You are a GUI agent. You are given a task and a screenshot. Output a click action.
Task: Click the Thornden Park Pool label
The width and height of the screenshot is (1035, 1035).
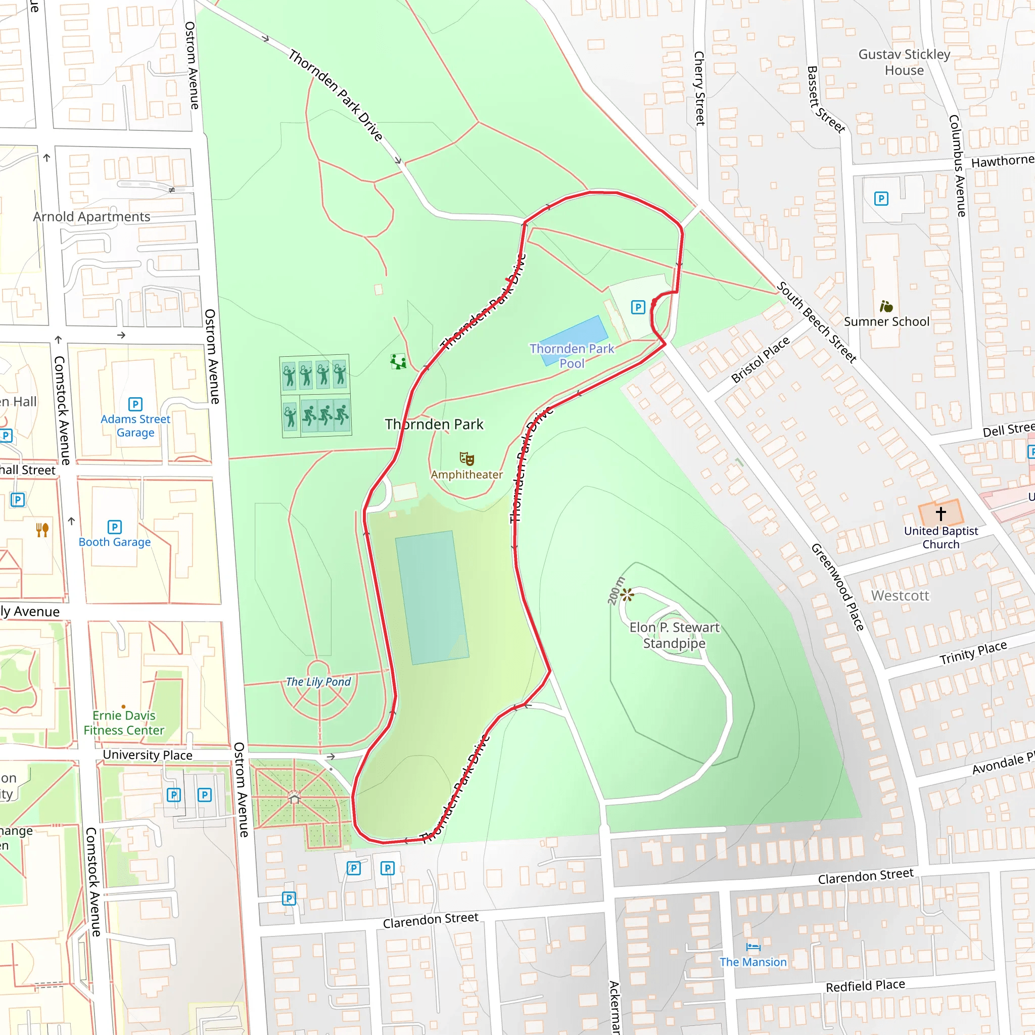click(x=572, y=356)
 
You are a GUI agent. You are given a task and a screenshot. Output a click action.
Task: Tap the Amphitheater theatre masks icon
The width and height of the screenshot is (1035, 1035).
click(x=466, y=458)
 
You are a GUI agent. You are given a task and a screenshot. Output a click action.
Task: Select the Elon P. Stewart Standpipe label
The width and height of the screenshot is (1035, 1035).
click(x=674, y=635)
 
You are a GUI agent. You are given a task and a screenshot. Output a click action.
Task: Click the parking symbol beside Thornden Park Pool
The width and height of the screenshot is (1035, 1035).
click(x=637, y=307)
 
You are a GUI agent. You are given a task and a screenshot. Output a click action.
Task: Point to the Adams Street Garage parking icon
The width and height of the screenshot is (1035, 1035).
click(x=135, y=404)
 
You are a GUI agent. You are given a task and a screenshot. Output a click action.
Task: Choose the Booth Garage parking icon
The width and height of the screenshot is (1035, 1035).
click(x=114, y=527)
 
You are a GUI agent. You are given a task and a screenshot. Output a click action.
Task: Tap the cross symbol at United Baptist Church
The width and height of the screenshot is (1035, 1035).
click(x=940, y=513)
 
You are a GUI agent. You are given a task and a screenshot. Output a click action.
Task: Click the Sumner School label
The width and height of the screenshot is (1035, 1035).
click(x=886, y=321)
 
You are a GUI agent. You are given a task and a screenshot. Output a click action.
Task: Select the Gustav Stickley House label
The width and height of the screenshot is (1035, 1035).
click(x=904, y=62)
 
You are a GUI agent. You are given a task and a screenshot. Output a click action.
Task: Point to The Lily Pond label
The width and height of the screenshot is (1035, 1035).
click(x=318, y=681)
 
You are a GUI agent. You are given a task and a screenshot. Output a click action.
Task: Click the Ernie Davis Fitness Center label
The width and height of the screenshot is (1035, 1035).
click(x=124, y=723)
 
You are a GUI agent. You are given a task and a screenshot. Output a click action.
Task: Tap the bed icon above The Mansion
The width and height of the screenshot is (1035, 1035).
click(x=752, y=947)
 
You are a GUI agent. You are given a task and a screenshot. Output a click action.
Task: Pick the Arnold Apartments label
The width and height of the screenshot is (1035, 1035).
click(x=91, y=216)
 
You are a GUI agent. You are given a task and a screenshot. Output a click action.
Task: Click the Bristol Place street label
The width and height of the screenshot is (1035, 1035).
click(x=760, y=359)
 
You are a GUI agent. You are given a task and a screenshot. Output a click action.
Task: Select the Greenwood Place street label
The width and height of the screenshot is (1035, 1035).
click(x=837, y=587)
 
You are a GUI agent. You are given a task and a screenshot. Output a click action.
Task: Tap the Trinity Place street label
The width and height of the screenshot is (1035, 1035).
click(x=973, y=652)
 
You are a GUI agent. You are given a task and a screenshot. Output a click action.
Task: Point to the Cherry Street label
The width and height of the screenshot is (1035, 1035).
click(x=699, y=88)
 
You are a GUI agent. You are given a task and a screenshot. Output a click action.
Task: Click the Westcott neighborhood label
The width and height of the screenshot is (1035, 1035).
click(x=900, y=596)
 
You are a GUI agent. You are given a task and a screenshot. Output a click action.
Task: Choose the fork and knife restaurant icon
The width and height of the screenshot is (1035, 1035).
click(x=42, y=530)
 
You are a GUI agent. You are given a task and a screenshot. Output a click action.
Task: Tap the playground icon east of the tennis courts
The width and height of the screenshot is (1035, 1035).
click(x=398, y=362)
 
